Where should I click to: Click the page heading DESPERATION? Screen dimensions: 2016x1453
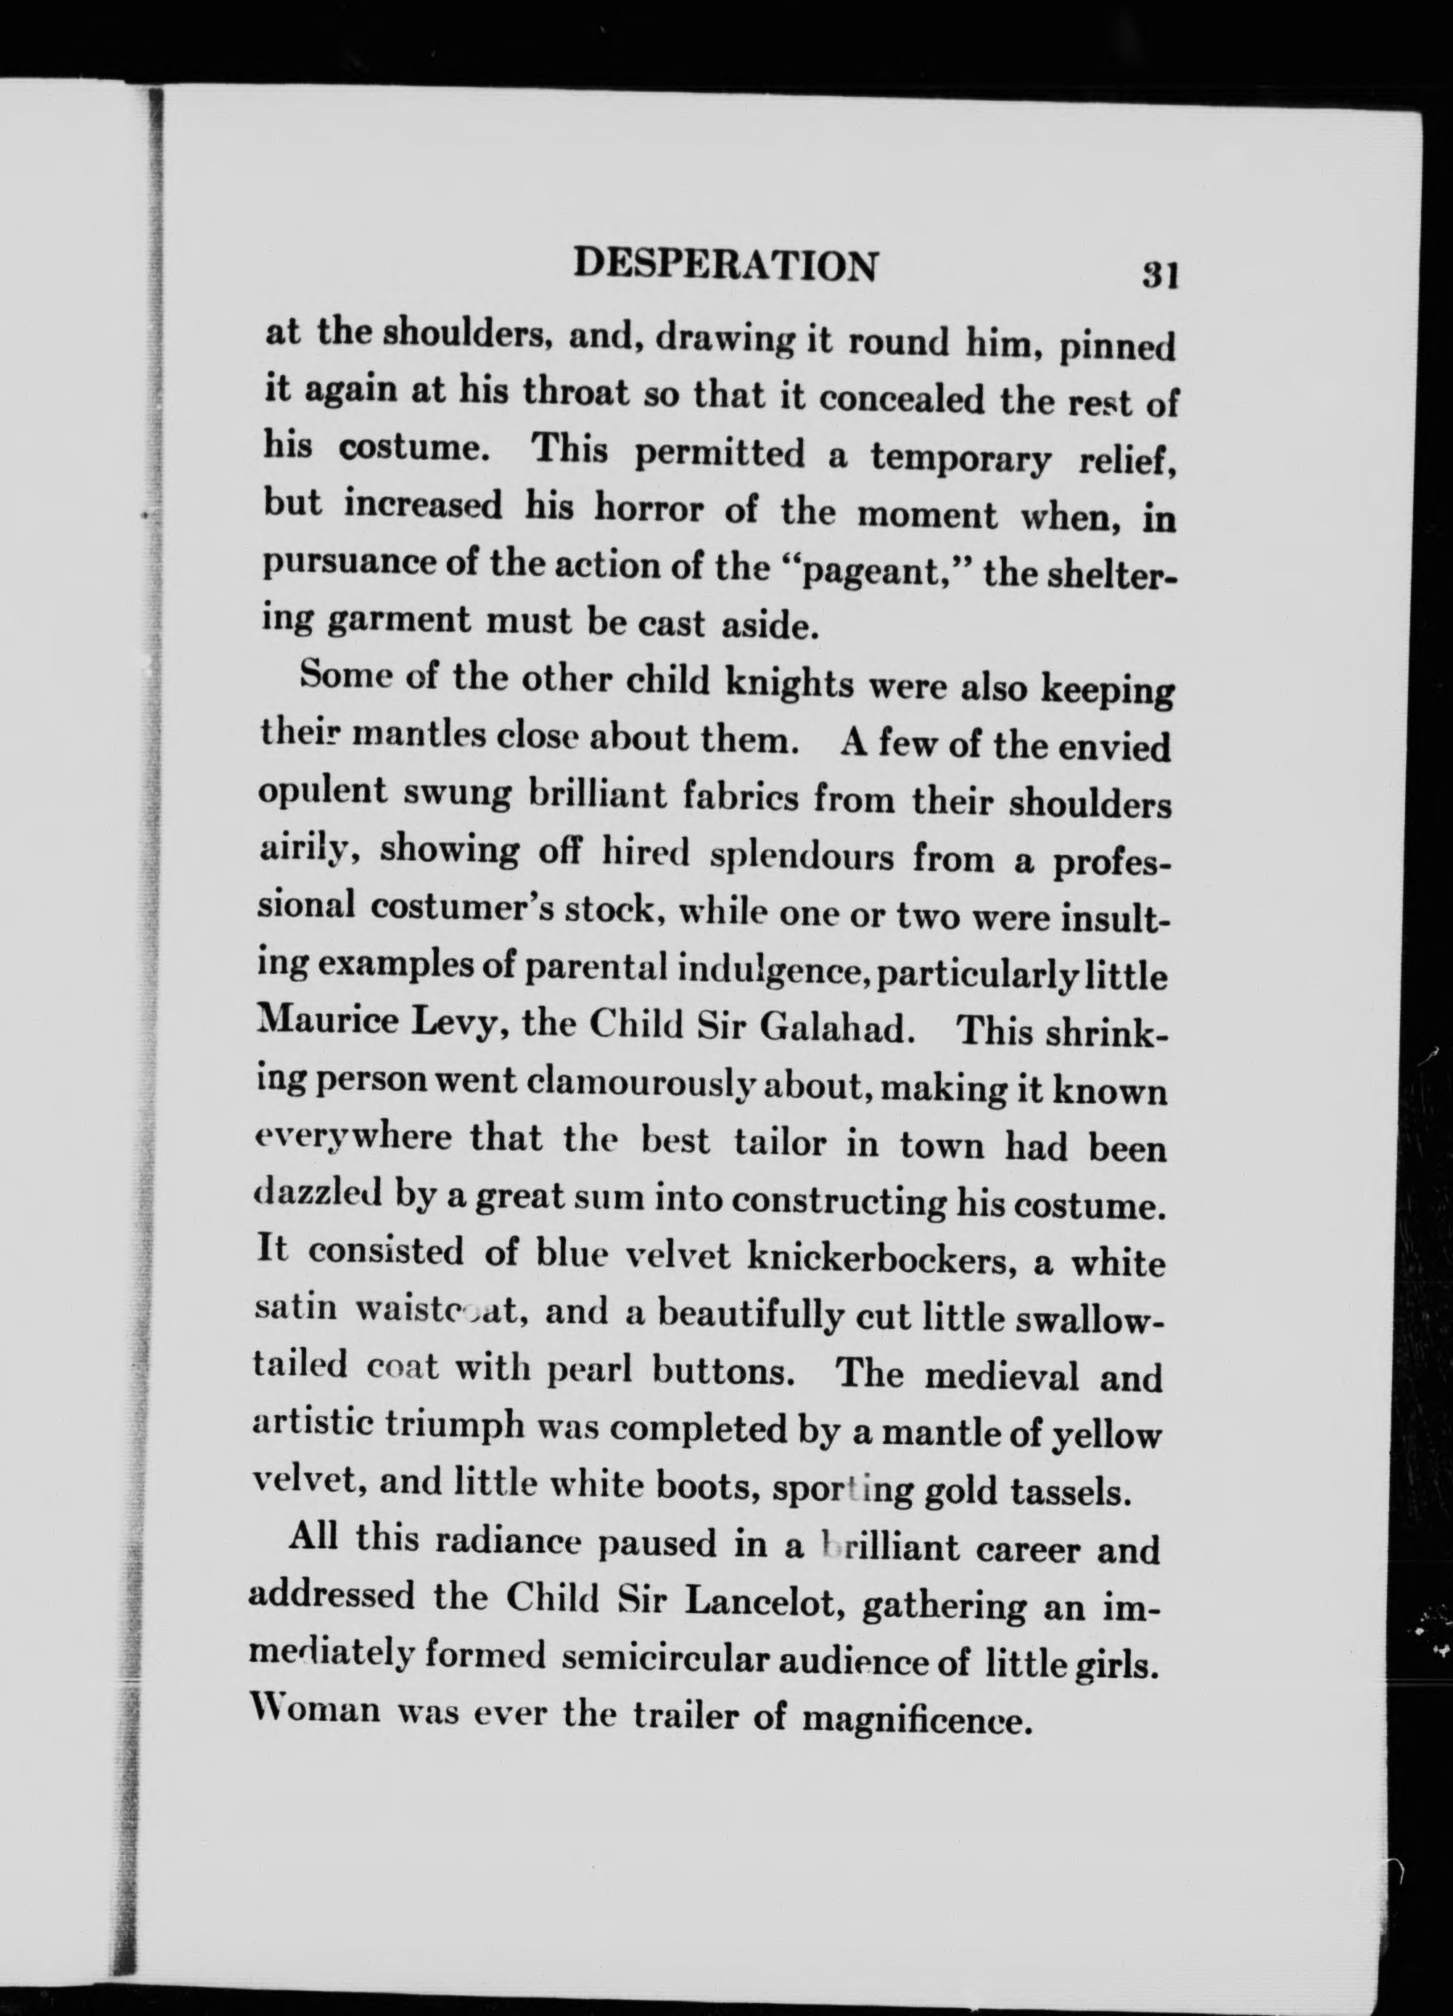726,265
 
